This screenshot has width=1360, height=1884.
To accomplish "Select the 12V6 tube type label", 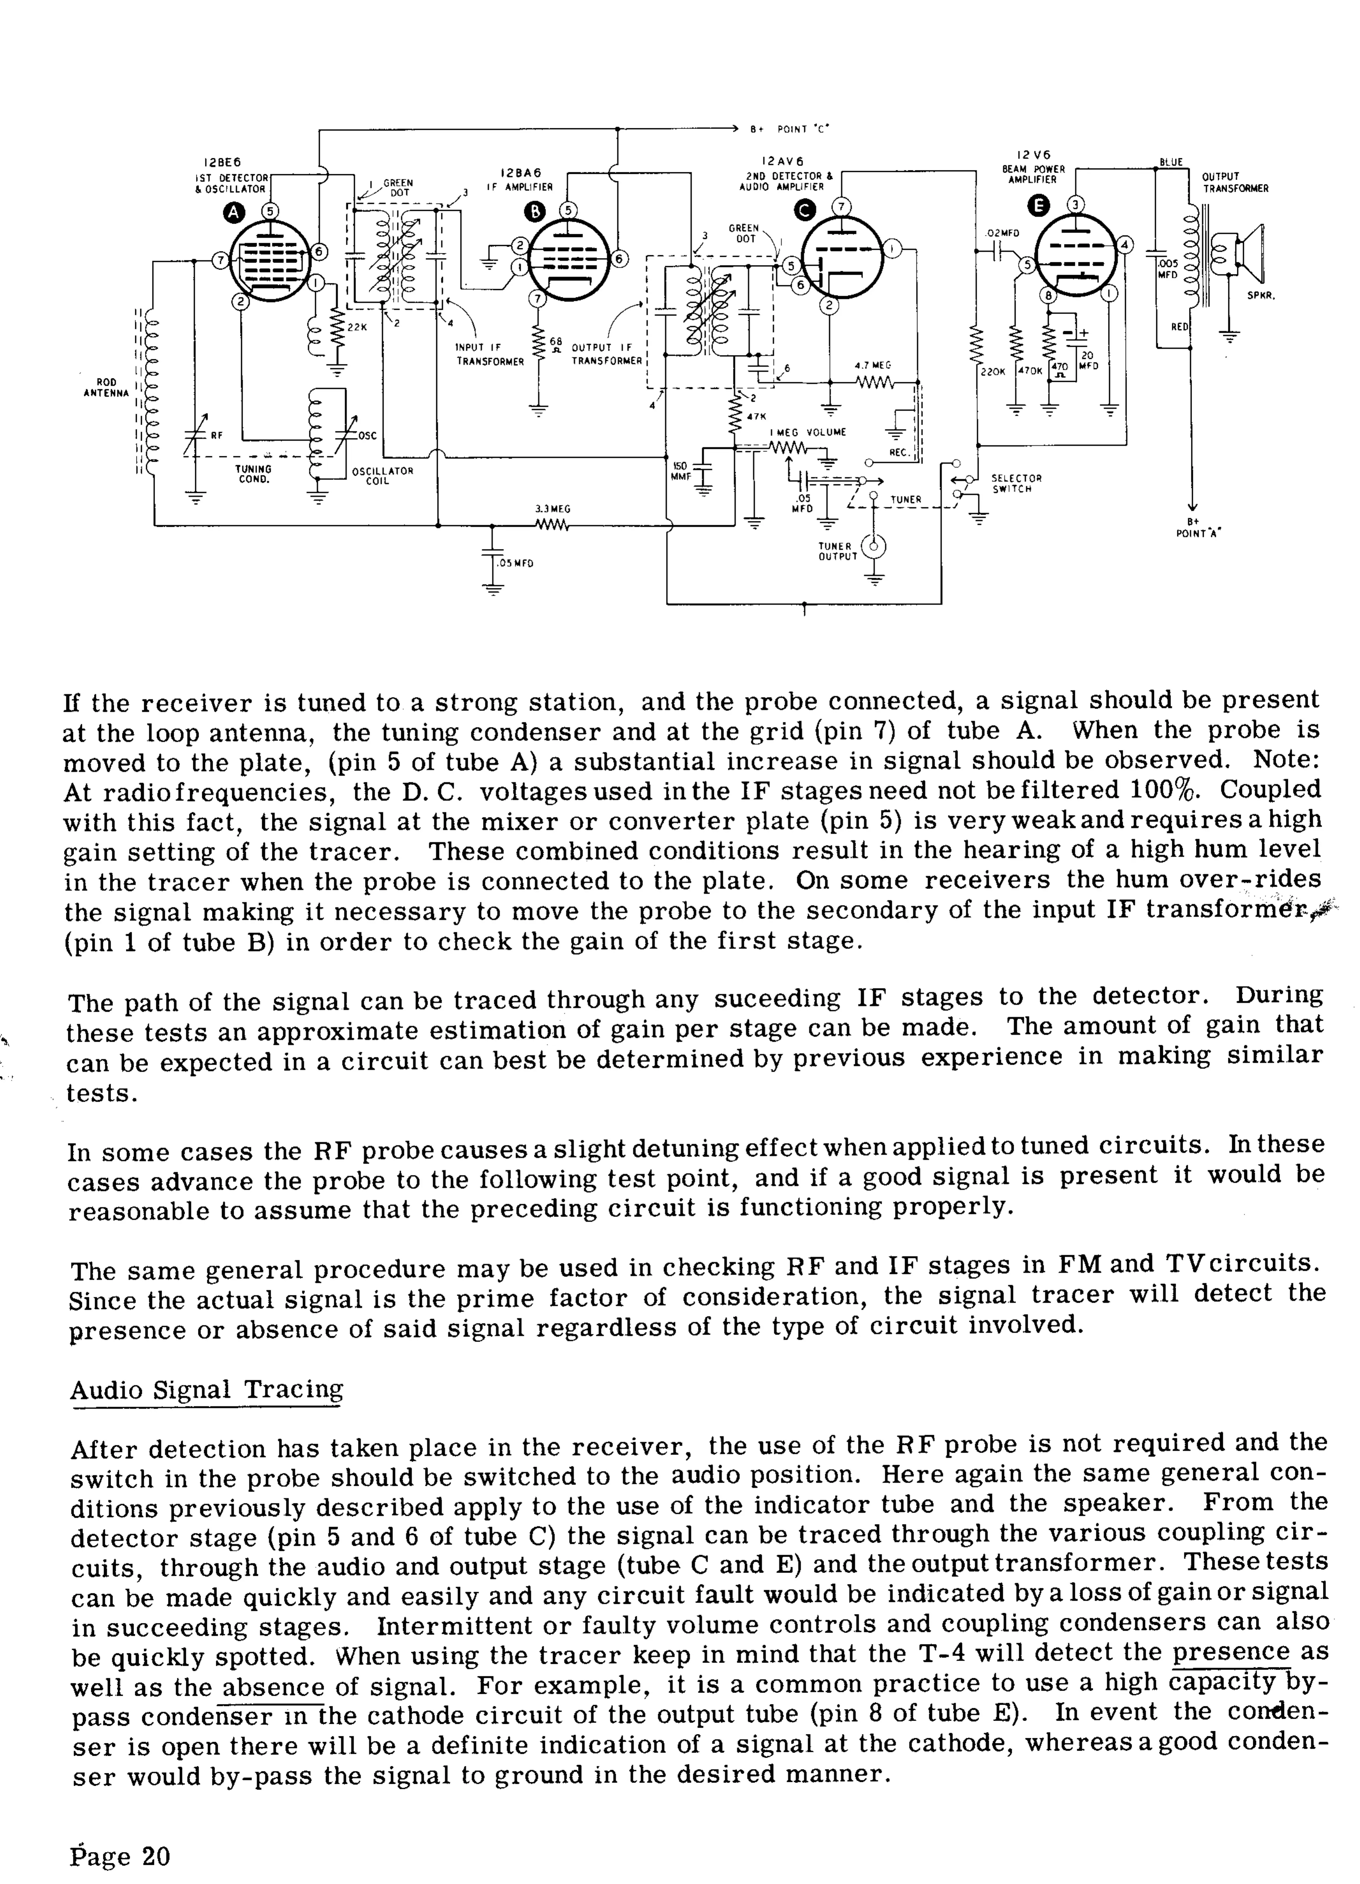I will (x=1033, y=154).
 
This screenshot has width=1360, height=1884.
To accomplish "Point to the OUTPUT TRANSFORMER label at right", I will (x=1235, y=183).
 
